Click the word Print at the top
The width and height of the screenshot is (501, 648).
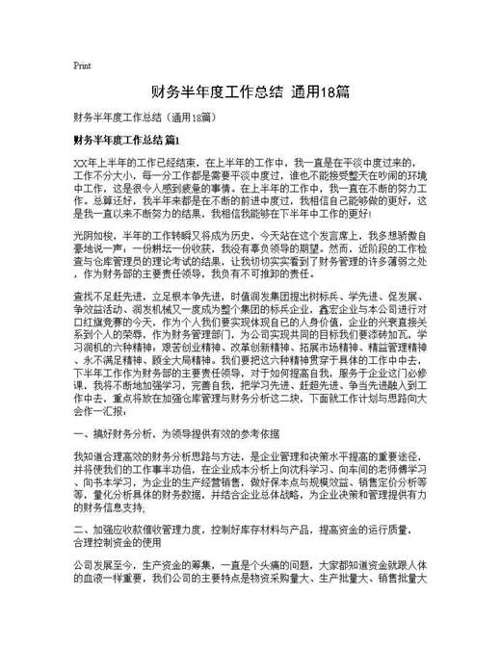point(82,65)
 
